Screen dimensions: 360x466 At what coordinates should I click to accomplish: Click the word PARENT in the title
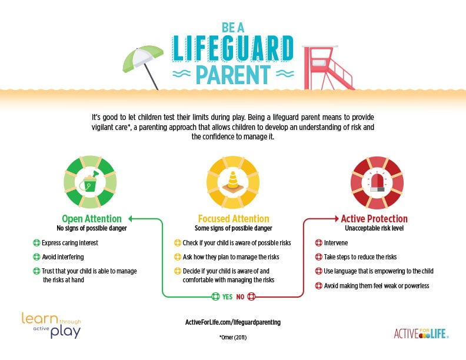(x=234, y=75)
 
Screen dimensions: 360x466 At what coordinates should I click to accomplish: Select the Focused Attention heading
(x=232, y=219)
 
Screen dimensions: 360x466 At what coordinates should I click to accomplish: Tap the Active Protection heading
(x=374, y=219)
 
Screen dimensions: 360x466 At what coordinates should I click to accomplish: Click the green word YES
(x=227, y=297)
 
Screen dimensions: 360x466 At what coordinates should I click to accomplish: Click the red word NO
(x=240, y=297)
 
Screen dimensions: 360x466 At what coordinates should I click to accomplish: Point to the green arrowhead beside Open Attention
(x=131, y=219)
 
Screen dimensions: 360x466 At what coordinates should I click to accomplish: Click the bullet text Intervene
(x=336, y=242)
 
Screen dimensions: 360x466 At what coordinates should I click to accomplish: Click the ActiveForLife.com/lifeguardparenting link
(x=232, y=322)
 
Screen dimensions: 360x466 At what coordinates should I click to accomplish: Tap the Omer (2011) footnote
(x=233, y=338)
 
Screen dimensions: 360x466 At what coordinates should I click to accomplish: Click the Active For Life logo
(x=421, y=334)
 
